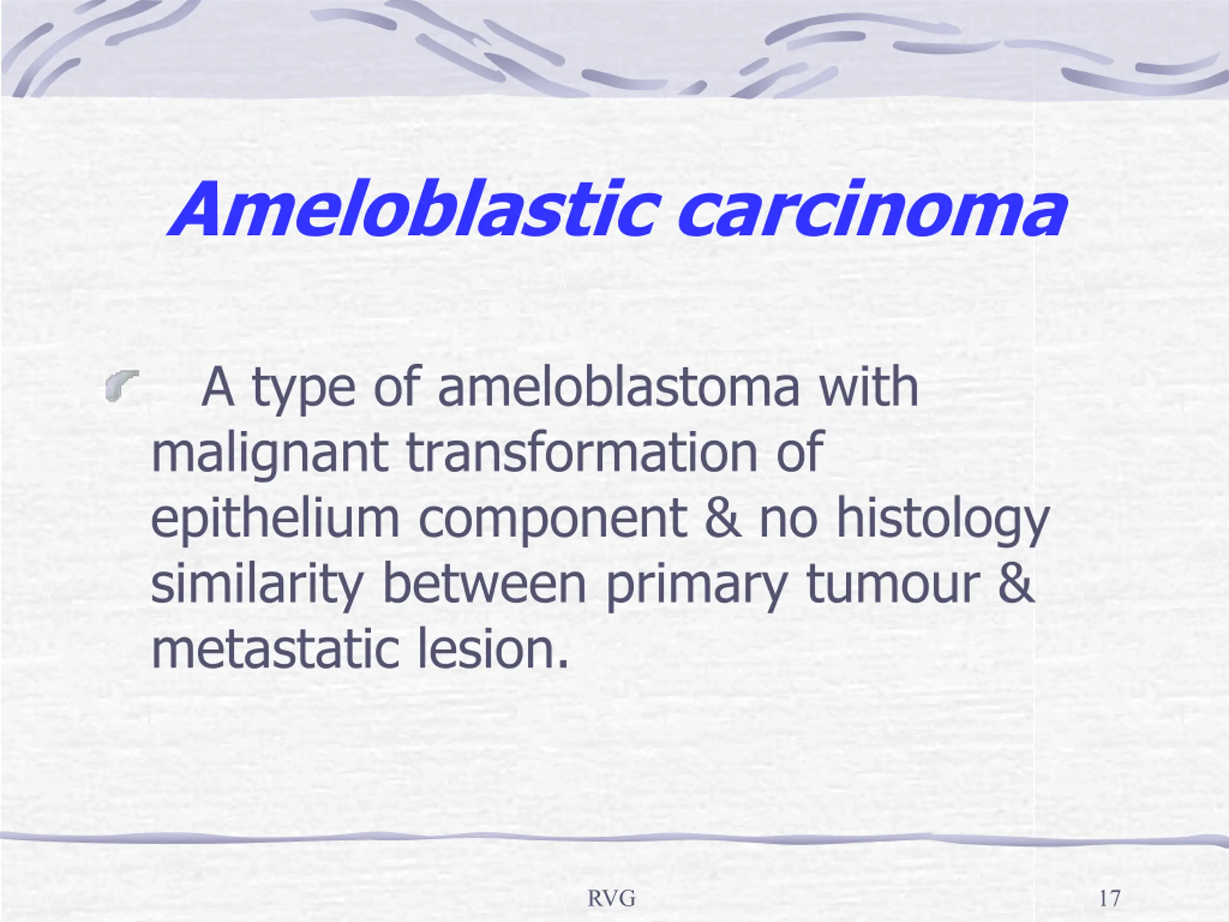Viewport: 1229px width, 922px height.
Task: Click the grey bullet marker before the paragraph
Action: tap(121, 385)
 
